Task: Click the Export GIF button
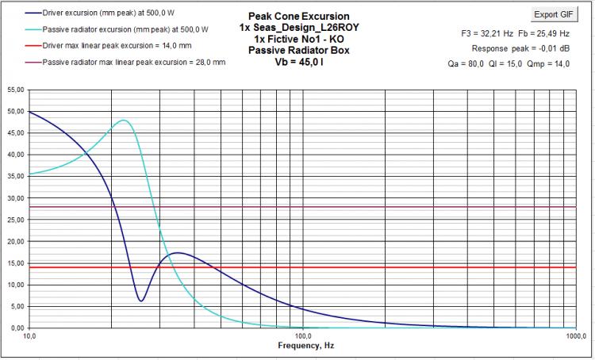[x=554, y=15]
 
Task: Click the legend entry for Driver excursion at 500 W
[x=100, y=13]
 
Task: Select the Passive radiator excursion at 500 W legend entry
[x=117, y=29]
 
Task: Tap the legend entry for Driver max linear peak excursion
[x=108, y=45]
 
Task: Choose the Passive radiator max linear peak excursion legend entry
[x=125, y=62]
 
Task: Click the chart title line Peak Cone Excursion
[x=298, y=17]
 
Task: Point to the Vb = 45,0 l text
[x=298, y=62]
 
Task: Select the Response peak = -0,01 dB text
[x=520, y=48]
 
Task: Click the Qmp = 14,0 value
[x=548, y=63]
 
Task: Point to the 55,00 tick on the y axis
[x=16, y=90]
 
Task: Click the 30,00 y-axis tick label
[x=16, y=198]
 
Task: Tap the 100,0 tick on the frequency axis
[x=303, y=335]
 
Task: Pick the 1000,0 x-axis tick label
[x=577, y=335]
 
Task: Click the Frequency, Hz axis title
[x=306, y=346]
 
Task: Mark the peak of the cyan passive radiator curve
[x=124, y=121]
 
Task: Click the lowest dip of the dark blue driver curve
[x=140, y=301]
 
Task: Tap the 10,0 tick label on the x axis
[x=29, y=335]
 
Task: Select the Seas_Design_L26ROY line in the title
[x=298, y=28]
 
